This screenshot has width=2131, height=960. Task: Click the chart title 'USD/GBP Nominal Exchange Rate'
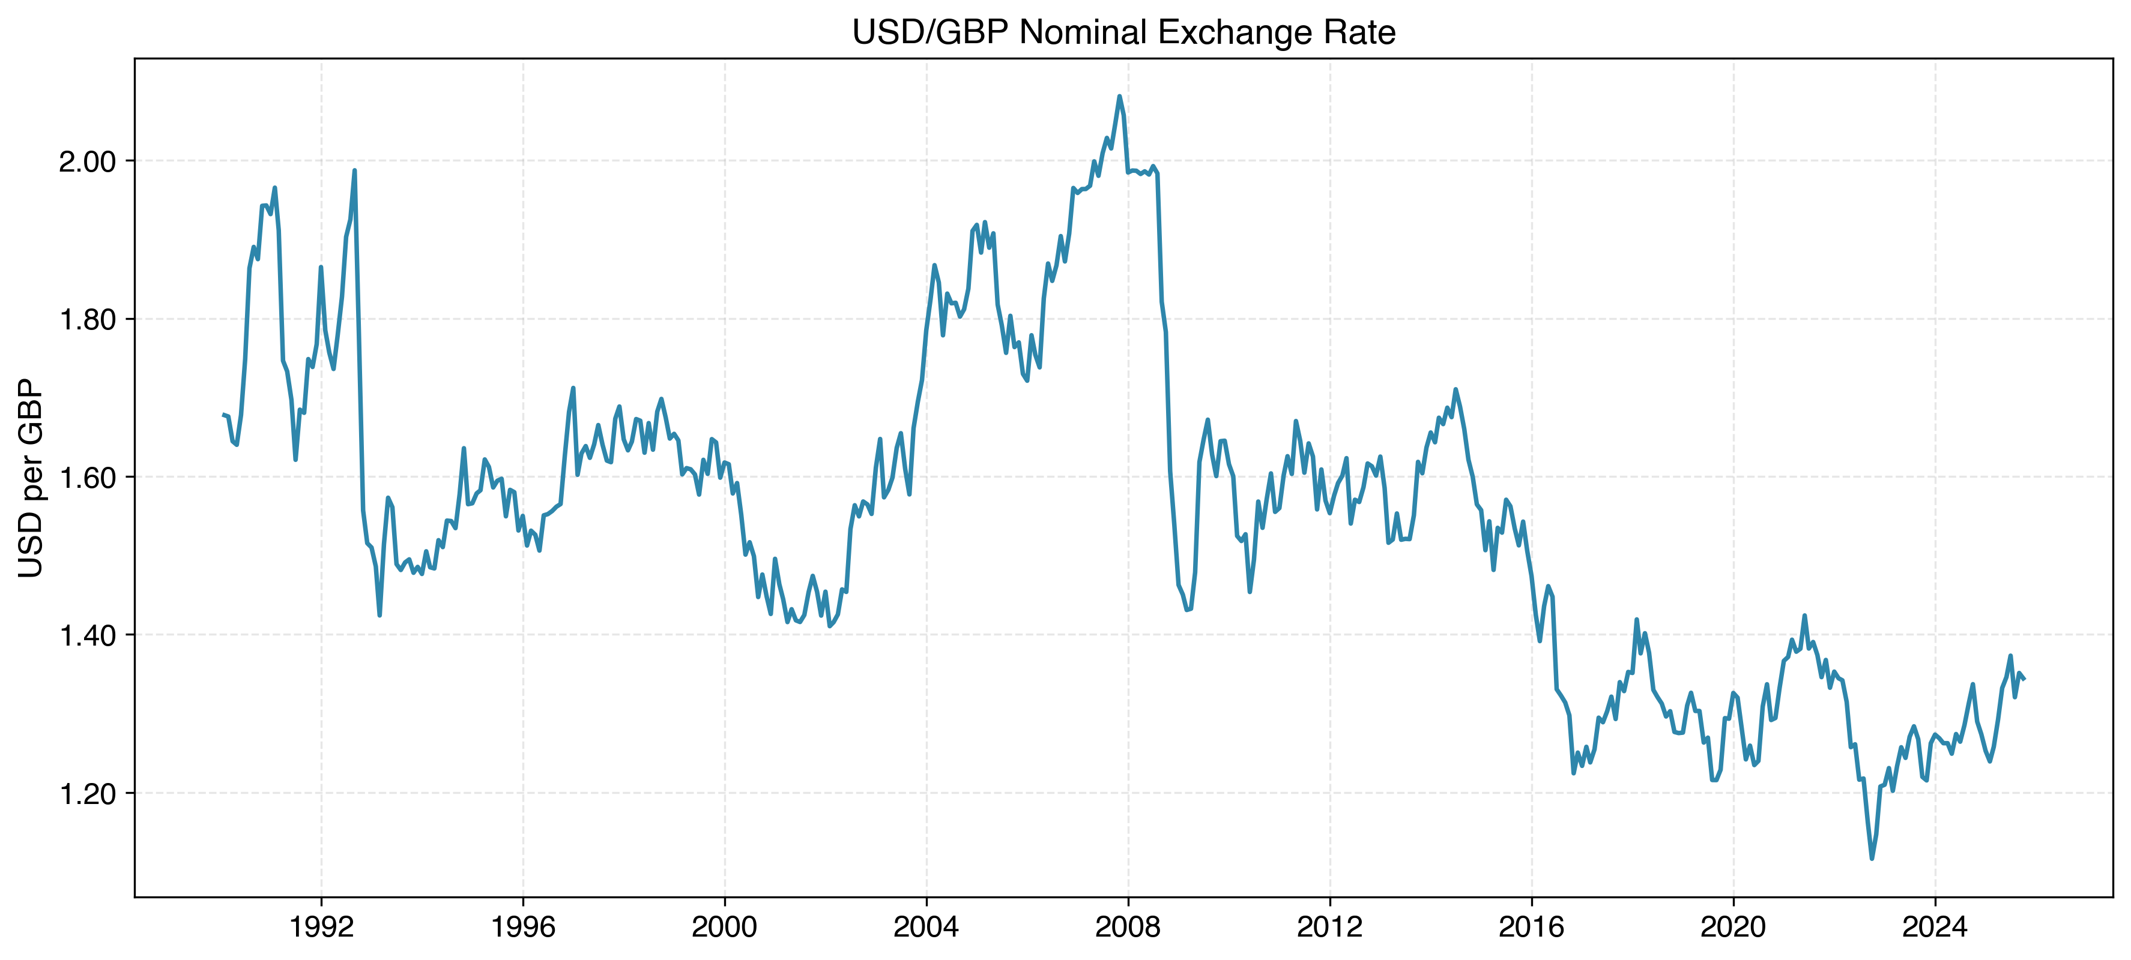click(1123, 33)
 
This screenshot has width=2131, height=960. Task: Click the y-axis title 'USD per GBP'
click(31, 478)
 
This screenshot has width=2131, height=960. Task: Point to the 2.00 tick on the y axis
click(87, 161)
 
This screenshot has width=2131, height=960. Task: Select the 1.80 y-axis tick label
click(87, 319)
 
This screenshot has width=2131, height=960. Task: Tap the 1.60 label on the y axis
click(87, 477)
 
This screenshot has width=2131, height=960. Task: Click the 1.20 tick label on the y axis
click(87, 794)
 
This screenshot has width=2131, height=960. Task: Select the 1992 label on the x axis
click(321, 927)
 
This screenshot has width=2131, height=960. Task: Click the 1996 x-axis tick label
click(523, 927)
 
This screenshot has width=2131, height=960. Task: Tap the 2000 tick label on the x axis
click(725, 927)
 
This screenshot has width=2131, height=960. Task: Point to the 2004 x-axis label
click(926, 927)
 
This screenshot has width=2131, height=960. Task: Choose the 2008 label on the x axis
click(1128, 927)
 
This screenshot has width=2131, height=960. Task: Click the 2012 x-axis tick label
click(1329, 927)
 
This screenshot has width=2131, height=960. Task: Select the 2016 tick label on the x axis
click(1531, 927)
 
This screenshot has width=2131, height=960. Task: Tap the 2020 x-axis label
click(1733, 927)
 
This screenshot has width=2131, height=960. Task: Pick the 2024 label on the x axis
click(1935, 927)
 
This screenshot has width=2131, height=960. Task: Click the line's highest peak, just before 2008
click(1119, 96)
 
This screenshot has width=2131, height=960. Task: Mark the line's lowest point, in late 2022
click(1872, 858)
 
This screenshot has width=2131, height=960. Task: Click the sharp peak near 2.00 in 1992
click(354, 170)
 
